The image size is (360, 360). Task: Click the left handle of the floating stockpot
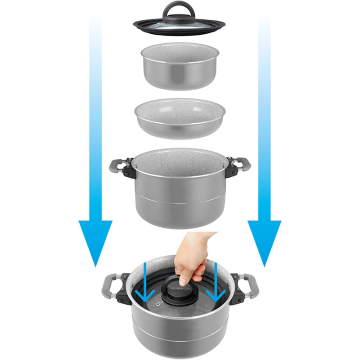click(x=118, y=167)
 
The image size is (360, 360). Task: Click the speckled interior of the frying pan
click(x=180, y=110)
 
